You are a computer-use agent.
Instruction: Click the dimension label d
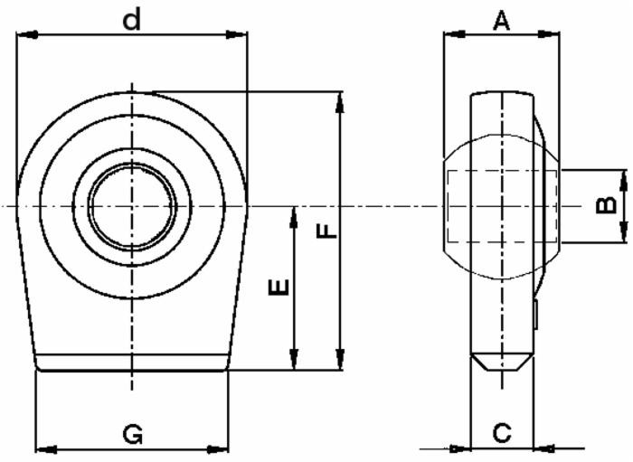[x=132, y=19]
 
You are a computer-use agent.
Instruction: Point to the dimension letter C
[x=502, y=433]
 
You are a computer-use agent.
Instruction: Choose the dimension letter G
[x=133, y=435]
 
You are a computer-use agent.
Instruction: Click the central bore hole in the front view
[x=131, y=206]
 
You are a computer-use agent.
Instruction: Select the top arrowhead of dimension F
[x=340, y=100]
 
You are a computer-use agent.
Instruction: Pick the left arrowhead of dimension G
[x=44, y=448]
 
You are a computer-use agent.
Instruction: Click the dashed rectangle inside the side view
[x=499, y=205]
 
